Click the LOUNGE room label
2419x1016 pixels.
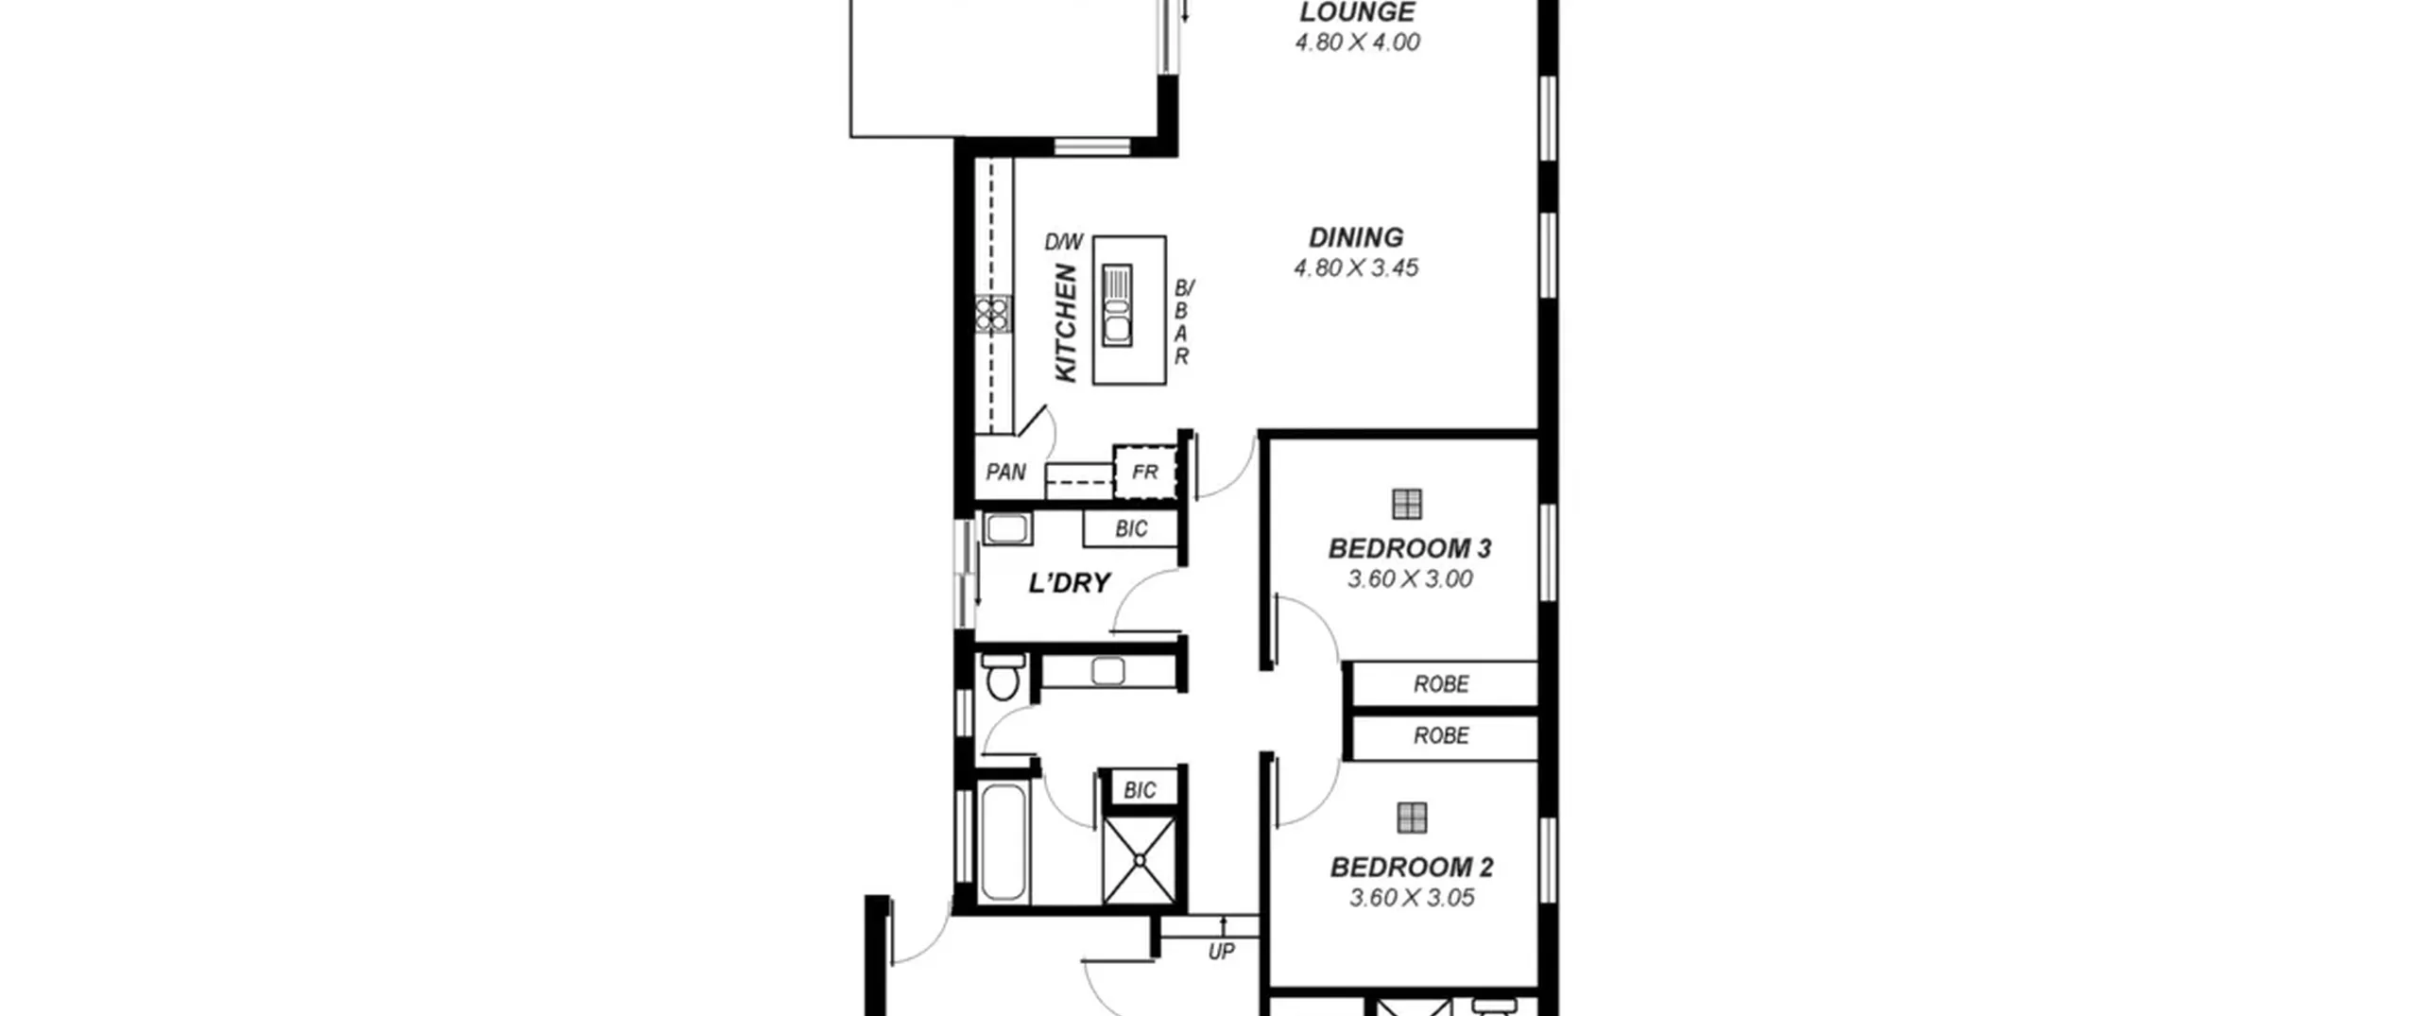(x=1357, y=11)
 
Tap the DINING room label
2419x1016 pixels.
(x=1356, y=237)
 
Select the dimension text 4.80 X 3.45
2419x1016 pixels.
(x=1356, y=268)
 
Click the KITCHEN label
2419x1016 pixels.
(x=1065, y=323)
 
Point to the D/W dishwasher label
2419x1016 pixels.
(x=1063, y=243)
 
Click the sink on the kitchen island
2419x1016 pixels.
(x=1117, y=304)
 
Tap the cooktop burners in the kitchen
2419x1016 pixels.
(x=993, y=315)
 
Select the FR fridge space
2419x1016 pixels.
(x=1145, y=472)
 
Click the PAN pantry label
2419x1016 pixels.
(x=1005, y=472)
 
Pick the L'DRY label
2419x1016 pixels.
(x=1069, y=583)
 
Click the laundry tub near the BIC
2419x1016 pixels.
(x=1006, y=529)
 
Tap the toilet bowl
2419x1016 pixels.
(x=1002, y=676)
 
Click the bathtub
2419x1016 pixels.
(x=1003, y=843)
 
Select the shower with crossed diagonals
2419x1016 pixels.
(x=1140, y=861)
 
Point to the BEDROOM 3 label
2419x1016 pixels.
(x=1410, y=549)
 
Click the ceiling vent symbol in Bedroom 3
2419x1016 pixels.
(x=1407, y=504)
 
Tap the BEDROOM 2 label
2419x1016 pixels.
(x=1412, y=868)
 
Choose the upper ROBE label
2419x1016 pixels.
(x=1441, y=684)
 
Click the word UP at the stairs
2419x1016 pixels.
(x=1221, y=952)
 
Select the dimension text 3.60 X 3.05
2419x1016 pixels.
(x=1412, y=898)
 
